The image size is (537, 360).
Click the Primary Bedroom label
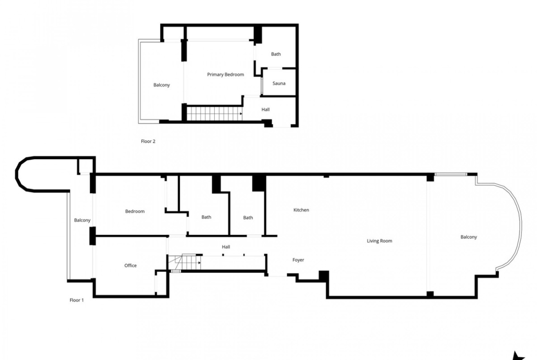point(225,75)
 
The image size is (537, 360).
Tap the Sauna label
point(279,83)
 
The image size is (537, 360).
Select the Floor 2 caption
point(148,141)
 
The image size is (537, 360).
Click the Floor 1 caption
point(76,300)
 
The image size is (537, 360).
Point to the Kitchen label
point(301,210)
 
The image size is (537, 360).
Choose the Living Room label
point(380,241)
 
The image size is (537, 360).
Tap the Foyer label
point(298,260)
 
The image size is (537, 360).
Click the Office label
point(130,266)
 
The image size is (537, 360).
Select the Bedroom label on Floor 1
point(134,211)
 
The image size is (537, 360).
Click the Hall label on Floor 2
point(265,110)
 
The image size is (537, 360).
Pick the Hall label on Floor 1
point(226,247)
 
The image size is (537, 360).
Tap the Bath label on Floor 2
point(276,54)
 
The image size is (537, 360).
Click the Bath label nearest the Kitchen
point(248,218)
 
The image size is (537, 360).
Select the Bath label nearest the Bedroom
point(206,217)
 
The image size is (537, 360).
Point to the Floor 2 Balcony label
point(161,85)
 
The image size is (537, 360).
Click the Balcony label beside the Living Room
point(469,237)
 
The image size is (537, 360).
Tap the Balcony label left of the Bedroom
point(82,221)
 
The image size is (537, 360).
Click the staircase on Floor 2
point(214,114)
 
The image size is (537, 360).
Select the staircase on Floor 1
point(184,262)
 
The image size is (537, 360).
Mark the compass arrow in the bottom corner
point(519,356)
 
